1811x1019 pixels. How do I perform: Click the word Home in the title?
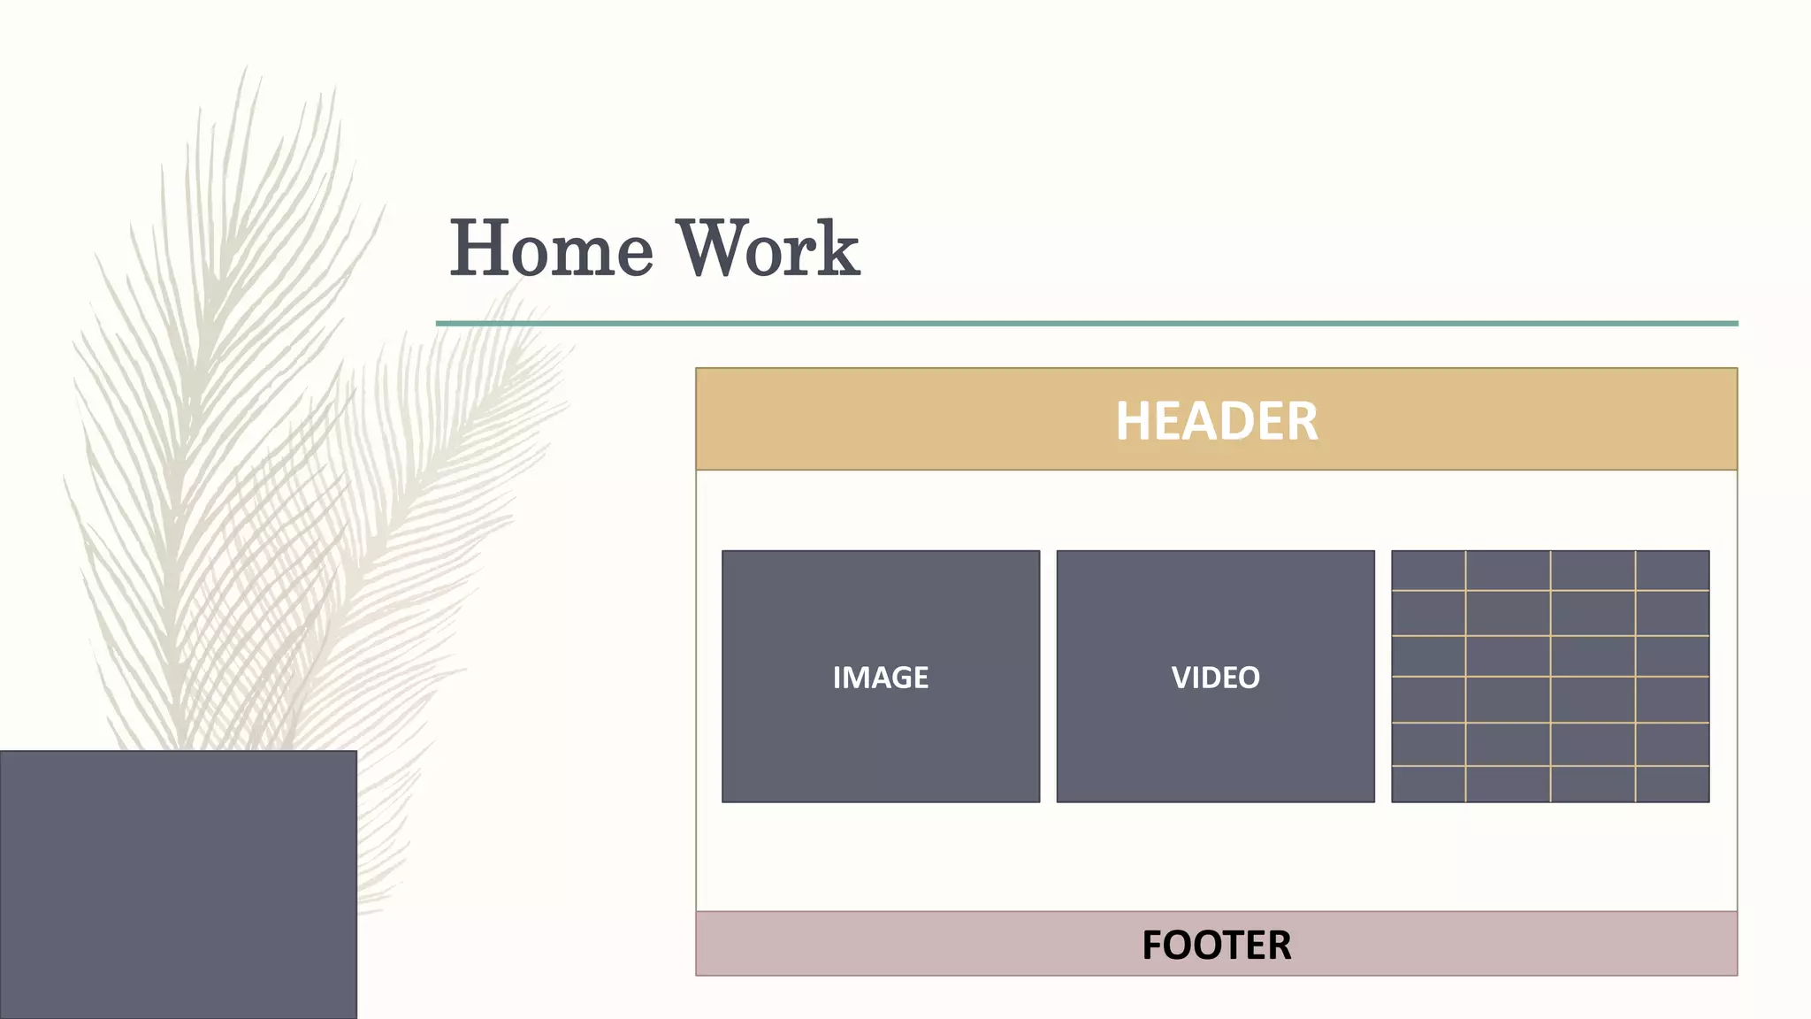click(x=552, y=249)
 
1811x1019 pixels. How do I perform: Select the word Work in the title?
click(x=768, y=249)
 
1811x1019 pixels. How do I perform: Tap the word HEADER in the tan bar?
click(x=1216, y=421)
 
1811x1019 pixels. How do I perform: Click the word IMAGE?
click(x=880, y=678)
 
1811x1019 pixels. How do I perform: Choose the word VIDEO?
click(x=1215, y=678)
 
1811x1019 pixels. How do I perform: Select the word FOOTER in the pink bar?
click(x=1216, y=945)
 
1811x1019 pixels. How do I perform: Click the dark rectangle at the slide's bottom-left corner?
click(x=178, y=885)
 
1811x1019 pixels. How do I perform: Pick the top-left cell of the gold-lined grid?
click(x=1428, y=571)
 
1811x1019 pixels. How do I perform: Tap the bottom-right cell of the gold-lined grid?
click(x=1671, y=784)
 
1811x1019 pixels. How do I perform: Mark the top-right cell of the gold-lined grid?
click(x=1671, y=571)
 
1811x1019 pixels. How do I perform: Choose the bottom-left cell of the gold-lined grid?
click(x=1428, y=784)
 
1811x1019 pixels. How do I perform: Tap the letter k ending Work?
click(x=837, y=249)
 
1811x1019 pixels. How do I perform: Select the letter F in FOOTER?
click(x=1153, y=945)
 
